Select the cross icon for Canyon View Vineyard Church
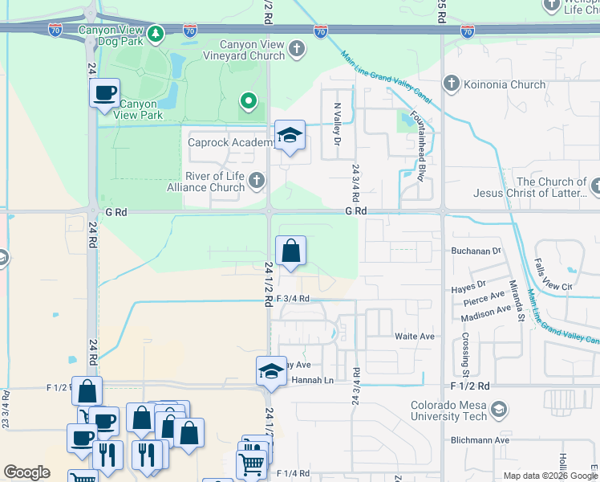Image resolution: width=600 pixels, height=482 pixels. point(297,50)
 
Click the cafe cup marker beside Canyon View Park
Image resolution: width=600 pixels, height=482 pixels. point(104,93)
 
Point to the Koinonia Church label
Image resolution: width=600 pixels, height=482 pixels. point(503,84)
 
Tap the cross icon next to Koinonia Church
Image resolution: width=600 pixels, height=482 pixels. point(451,84)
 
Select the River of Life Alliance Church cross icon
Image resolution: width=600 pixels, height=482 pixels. point(257,181)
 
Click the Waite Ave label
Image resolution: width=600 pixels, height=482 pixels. point(414,336)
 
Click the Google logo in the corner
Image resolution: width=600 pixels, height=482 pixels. point(26,472)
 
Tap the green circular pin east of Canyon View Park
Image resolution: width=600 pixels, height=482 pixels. point(249,101)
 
